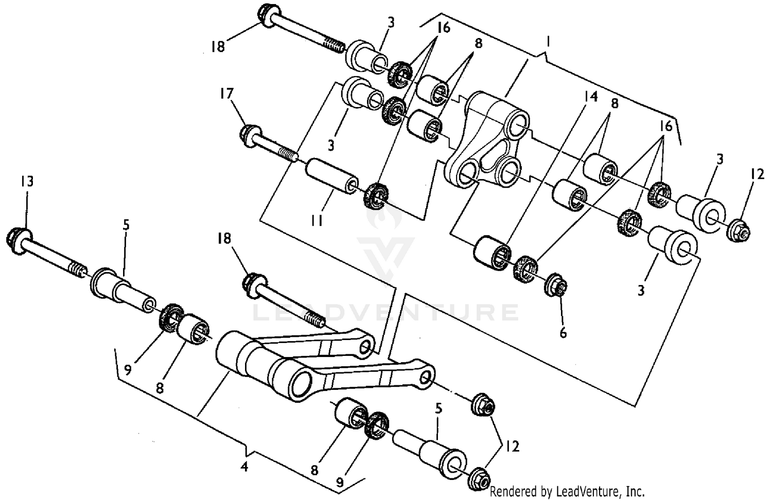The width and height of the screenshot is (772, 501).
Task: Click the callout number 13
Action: (27, 181)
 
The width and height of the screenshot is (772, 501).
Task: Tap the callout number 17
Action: (226, 94)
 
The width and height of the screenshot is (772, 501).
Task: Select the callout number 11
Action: (316, 221)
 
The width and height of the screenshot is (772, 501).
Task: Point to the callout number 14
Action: (591, 96)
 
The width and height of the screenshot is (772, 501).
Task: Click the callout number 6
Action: (563, 333)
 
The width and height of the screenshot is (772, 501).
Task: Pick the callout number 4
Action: (244, 467)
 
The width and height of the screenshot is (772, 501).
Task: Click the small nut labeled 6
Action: (556, 284)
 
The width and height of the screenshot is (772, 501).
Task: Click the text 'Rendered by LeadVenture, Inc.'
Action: (567, 491)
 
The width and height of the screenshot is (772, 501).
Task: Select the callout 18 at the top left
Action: (218, 47)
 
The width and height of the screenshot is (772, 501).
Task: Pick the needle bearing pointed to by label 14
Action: (493, 252)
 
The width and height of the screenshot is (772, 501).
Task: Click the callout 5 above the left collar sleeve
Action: (126, 224)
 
